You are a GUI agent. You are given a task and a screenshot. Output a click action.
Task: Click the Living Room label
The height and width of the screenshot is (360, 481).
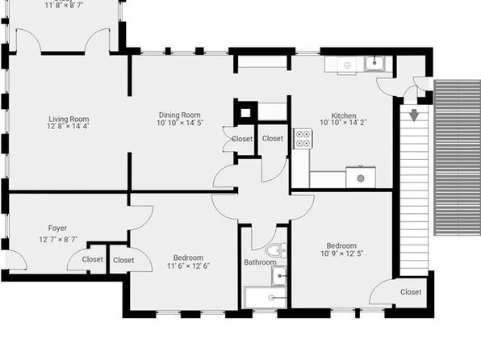click(x=69, y=119)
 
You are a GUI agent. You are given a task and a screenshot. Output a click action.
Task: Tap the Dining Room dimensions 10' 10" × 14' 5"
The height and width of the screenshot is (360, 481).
click(x=180, y=123)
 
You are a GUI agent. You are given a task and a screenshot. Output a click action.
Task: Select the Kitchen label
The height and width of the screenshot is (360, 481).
click(x=344, y=115)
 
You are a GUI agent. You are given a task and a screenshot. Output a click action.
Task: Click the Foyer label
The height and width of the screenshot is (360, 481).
click(x=57, y=228)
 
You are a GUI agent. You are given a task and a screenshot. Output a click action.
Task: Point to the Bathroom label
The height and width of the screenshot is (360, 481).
click(x=260, y=262)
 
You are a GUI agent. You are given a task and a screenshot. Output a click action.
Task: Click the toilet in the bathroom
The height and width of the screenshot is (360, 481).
click(x=276, y=250)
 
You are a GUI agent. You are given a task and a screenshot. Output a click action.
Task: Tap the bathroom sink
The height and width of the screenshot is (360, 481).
click(x=279, y=275)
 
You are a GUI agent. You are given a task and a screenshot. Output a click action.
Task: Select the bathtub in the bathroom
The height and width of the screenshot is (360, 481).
click(x=266, y=297)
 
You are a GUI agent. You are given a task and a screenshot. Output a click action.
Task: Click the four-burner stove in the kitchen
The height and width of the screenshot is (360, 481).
click(x=303, y=138)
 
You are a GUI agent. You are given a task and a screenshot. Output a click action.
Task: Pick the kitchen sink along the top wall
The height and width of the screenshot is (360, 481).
click(x=374, y=64)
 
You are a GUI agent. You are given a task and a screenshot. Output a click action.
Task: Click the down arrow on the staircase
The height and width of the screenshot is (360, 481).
click(x=414, y=115)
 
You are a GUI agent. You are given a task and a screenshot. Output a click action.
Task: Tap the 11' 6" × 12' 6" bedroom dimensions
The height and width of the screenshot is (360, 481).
click(x=188, y=266)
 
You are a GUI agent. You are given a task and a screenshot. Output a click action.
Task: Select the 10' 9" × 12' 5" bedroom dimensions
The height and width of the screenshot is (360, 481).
click(x=341, y=253)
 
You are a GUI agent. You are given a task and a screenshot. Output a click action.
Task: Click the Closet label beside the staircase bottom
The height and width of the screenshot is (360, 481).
click(x=411, y=292)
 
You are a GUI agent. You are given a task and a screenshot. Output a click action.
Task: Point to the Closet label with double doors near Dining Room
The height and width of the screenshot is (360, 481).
click(x=242, y=139)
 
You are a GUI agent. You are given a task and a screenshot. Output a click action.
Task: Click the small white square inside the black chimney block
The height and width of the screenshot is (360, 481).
click(x=245, y=113)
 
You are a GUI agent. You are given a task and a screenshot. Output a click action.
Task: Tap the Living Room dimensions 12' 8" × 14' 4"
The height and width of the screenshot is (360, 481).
click(x=68, y=126)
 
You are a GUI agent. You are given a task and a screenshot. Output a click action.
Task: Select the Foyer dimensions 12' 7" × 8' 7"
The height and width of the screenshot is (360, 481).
click(x=58, y=240)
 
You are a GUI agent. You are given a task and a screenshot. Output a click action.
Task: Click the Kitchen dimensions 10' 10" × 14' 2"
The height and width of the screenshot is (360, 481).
click(x=343, y=123)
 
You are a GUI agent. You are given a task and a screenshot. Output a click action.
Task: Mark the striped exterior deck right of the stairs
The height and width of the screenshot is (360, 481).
click(x=457, y=157)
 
